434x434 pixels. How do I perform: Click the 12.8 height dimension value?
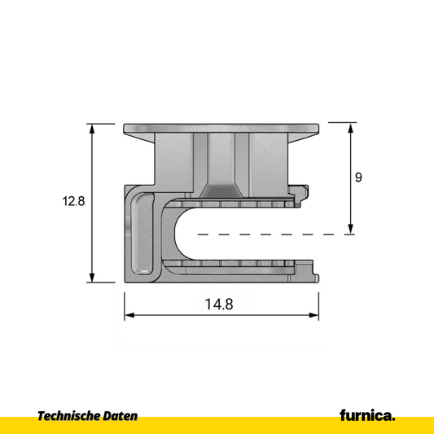(72, 200)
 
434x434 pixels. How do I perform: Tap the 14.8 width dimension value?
(219, 305)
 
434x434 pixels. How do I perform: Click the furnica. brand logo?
(367, 415)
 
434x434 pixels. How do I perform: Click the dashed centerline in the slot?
(269, 235)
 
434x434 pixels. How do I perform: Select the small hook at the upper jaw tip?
(305, 193)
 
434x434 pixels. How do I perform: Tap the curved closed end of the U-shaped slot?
(180, 235)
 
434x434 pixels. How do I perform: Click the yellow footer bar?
(217, 425)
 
